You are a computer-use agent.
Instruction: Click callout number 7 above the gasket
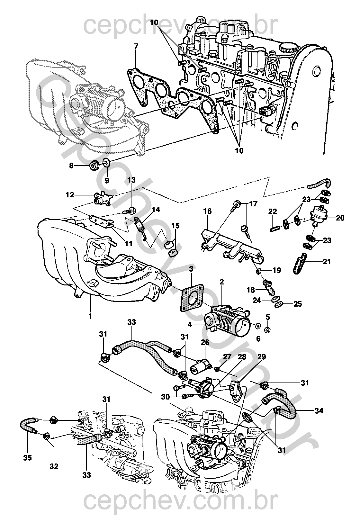pyautogui.click(x=136, y=46)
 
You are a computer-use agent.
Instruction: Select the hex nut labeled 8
pyautogui.click(x=94, y=166)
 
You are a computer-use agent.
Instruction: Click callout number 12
pyautogui.click(x=70, y=195)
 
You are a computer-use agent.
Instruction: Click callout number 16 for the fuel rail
pyautogui.click(x=207, y=211)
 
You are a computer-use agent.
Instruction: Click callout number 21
pyautogui.click(x=327, y=262)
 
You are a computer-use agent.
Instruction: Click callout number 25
pyautogui.click(x=298, y=303)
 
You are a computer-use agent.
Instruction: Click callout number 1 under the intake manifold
pyautogui.click(x=90, y=316)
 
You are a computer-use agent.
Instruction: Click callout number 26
pyautogui.click(x=205, y=343)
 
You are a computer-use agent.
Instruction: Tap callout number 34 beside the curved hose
pyautogui.click(x=319, y=410)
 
